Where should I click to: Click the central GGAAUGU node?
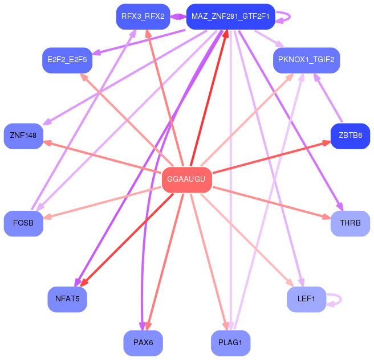pyautogui.click(x=187, y=179)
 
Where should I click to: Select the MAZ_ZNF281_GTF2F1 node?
pyautogui.click(x=230, y=17)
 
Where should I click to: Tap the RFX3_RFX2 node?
pyautogui.click(x=143, y=17)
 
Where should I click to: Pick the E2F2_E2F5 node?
pyautogui.click(x=67, y=60)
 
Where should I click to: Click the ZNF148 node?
pyautogui.click(x=23, y=136)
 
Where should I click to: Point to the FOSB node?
pyautogui.click(x=23, y=223)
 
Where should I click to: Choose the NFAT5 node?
pyautogui.click(x=67, y=299)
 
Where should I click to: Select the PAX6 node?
pyautogui.click(x=143, y=343)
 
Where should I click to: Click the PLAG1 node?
pyautogui.click(x=230, y=343)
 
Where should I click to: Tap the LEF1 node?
pyautogui.click(x=306, y=299)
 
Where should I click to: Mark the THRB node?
pyautogui.click(x=350, y=223)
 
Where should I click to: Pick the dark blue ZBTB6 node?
pyautogui.click(x=350, y=136)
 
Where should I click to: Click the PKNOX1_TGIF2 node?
pyautogui.click(x=306, y=60)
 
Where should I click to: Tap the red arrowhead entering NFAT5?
pyautogui.click(x=84, y=283)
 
